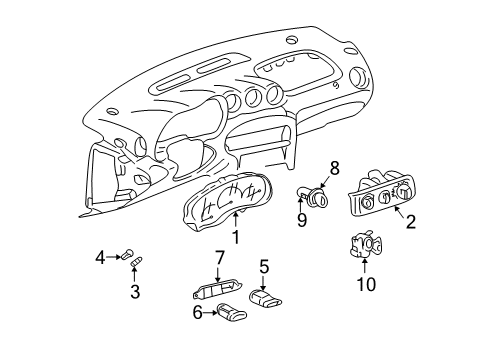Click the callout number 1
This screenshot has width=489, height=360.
click(236, 238)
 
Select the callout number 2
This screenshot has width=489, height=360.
click(410, 222)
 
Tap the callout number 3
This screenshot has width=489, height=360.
click(134, 291)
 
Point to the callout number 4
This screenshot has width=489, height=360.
click(100, 258)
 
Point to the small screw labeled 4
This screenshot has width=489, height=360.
click(128, 257)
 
